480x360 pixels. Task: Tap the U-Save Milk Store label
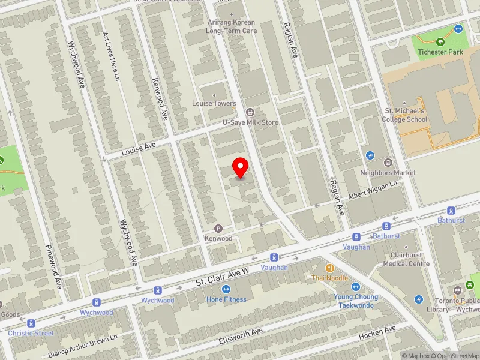coord(251,122)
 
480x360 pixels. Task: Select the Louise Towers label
coord(214,103)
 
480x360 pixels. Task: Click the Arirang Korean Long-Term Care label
coord(231,26)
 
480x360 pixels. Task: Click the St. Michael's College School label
coord(404,115)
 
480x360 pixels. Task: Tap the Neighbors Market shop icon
coord(388,163)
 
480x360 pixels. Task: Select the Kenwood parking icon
coord(218,229)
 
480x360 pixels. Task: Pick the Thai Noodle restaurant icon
coord(329,268)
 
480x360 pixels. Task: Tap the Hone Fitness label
coord(226,299)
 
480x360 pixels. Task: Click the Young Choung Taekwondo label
coord(356,301)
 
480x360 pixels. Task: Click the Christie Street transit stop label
coord(31,333)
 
